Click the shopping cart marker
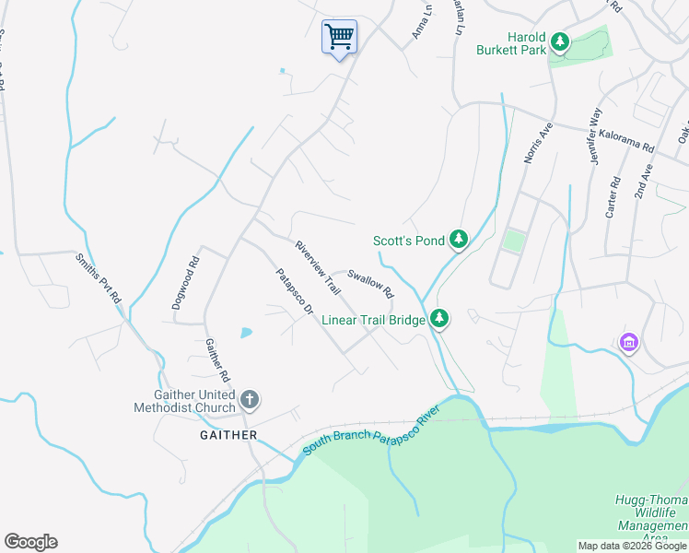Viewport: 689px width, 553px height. click(x=339, y=38)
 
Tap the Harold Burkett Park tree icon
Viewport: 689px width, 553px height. click(x=560, y=41)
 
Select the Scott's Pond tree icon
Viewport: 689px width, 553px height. click(x=459, y=241)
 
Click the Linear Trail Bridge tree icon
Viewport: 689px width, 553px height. click(x=440, y=319)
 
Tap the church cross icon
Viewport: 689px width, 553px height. click(x=249, y=400)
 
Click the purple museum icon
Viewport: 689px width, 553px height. click(x=629, y=344)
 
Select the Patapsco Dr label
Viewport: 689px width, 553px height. click(x=295, y=292)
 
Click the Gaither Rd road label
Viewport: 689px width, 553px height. click(x=216, y=359)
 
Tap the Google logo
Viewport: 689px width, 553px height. click(x=30, y=542)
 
